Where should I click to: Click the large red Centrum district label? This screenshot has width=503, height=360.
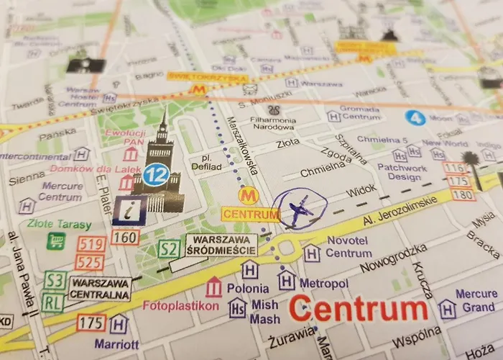pyautogui.click(x=358, y=310)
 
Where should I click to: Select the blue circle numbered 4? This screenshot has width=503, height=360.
pyautogui.click(x=414, y=117)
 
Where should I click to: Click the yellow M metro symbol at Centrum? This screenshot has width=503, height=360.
pyautogui.click(x=249, y=195)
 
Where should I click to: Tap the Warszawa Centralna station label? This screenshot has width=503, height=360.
pyautogui.click(x=100, y=288)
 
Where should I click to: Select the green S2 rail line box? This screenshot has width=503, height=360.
pyautogui.click(x=168, y=250)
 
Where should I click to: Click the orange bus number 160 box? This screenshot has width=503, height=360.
pyautogui.click(x=125, y=237)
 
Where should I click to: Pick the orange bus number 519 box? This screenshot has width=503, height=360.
pyautogui.click(x=91, y=245)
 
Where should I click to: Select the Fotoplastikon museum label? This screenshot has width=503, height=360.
pyautogui.click(x=181, y=305)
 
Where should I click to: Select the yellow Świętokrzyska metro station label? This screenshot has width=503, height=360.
pyautogui.click(x=208, y=76)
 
